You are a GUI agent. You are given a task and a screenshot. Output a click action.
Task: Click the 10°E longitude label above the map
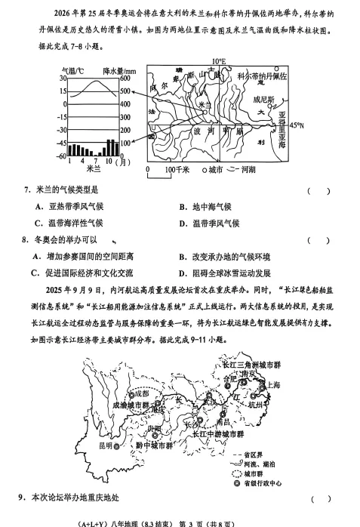point(218,62)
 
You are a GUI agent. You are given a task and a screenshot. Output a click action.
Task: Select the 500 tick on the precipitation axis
point(125,91)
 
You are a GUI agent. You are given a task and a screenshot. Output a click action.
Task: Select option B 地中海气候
point(205,206)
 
